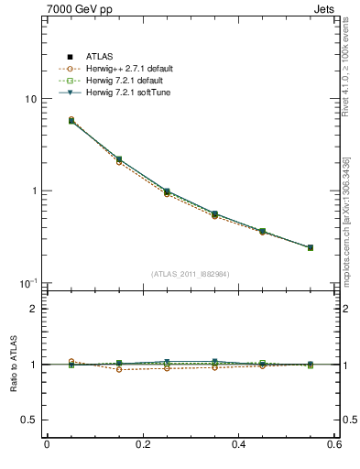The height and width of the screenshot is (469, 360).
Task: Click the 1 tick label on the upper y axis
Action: (x=33, y=191)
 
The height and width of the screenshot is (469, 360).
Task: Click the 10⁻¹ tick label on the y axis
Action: (x=28, y=282)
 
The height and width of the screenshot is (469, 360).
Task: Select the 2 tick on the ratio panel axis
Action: (x=33, y=309)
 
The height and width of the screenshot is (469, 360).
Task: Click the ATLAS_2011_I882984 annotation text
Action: (x=190, y=274)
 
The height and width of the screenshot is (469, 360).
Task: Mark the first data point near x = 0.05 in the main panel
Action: (x=71, y=120)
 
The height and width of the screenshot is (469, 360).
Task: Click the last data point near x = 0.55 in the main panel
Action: (x=311, y=247)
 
